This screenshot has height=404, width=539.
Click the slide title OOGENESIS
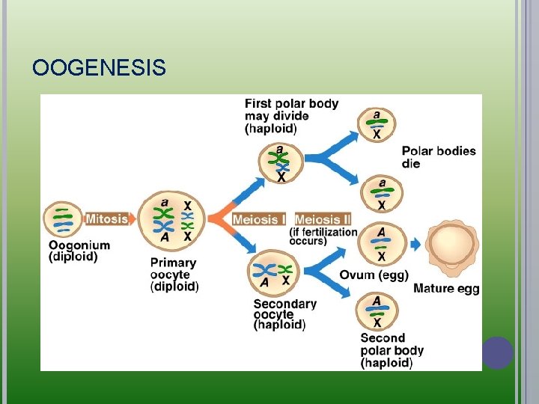click(99, 69)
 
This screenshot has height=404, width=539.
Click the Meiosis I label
click(259, 219)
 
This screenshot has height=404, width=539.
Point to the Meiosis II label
click(323, 219)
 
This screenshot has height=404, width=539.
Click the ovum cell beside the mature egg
click(380, 244)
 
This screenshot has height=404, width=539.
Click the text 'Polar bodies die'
click(438, 157)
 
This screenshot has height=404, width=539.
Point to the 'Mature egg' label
click(446, 289)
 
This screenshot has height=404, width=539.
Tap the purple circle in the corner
click(498, 352)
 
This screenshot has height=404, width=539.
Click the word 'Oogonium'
click(79, 245)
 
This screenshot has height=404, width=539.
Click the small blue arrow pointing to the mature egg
click(416, 245)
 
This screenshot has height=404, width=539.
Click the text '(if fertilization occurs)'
click(323, 236)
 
